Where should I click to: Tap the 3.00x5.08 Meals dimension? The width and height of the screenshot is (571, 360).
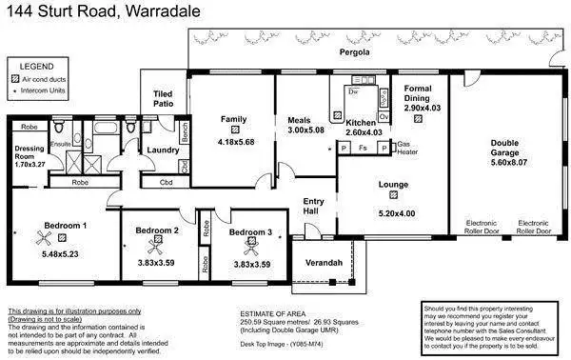coord(306,130)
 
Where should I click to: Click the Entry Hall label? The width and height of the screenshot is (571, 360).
coord(314,206)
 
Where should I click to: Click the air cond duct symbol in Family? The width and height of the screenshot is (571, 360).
coord(233,130)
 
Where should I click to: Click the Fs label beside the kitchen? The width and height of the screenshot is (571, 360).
coord(364,149)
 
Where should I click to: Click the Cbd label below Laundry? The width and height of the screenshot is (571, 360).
coord(166,182)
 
